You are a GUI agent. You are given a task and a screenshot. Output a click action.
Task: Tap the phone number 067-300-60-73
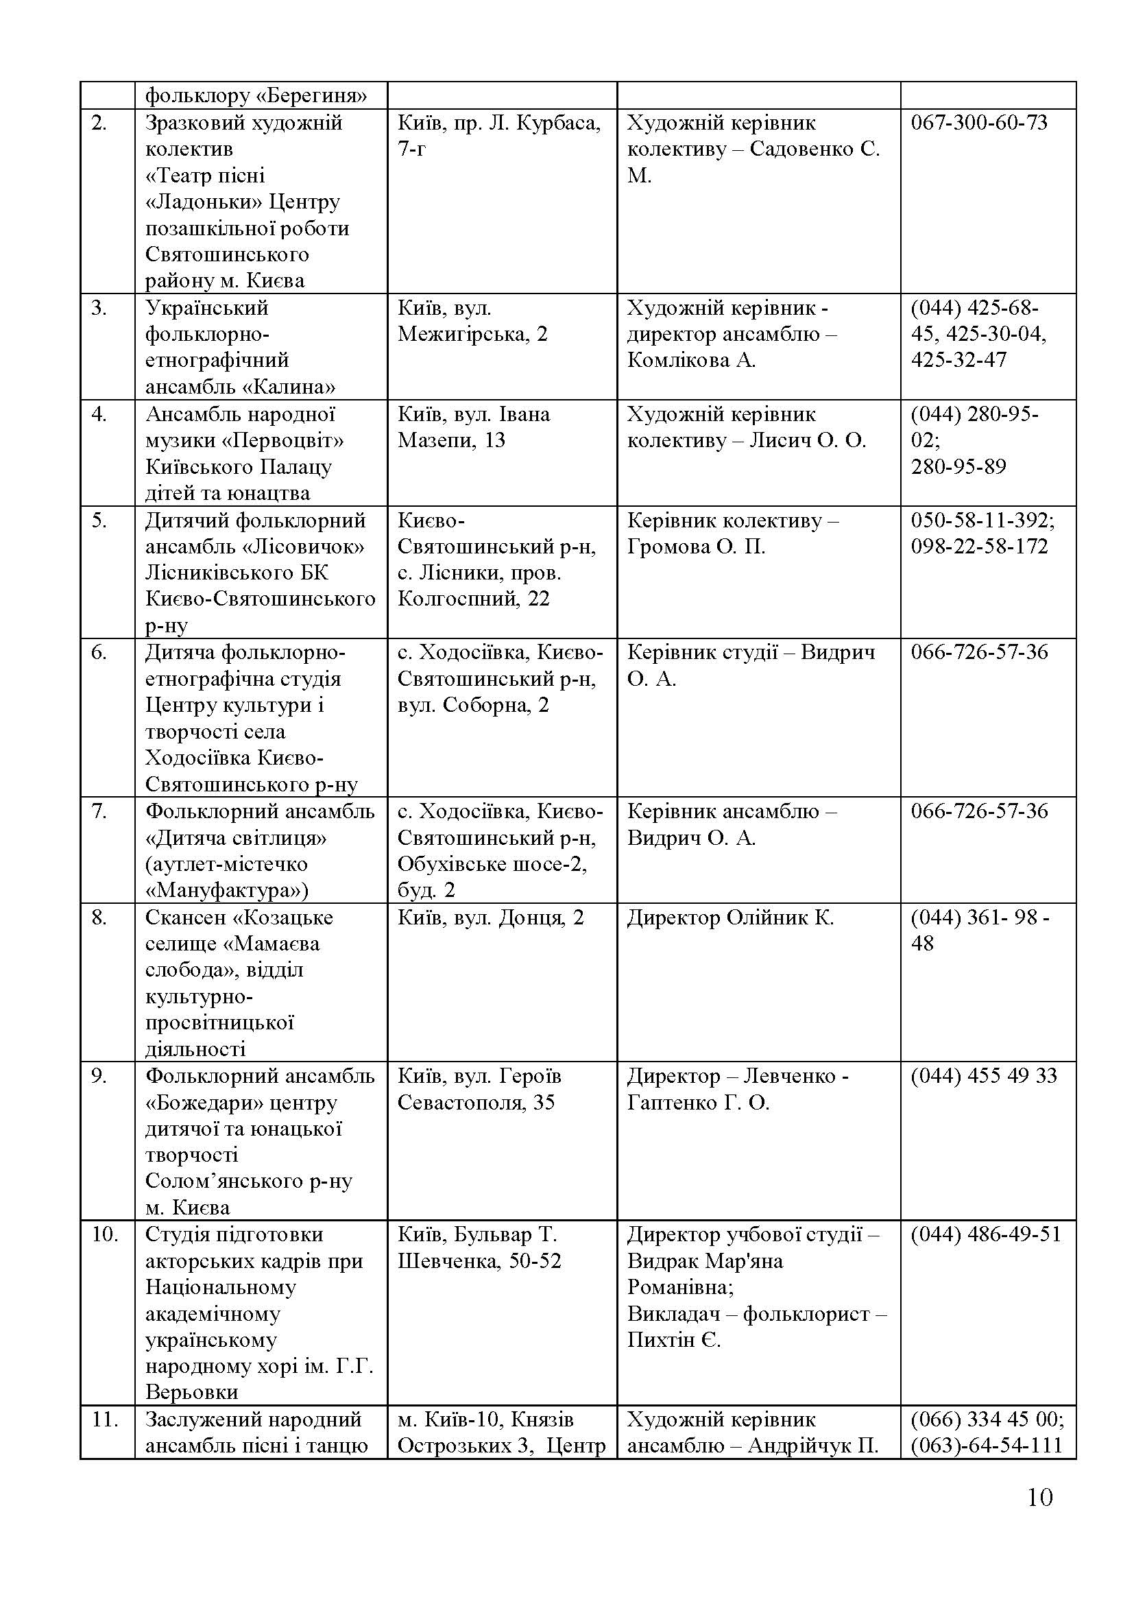979,123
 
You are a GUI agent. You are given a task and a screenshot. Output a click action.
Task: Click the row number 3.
99,308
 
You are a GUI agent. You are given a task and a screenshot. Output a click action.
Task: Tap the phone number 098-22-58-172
979,547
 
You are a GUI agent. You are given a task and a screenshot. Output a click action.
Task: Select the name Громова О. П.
696,547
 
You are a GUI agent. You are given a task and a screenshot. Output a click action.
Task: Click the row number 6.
99,652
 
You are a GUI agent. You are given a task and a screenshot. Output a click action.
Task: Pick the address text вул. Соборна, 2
473,706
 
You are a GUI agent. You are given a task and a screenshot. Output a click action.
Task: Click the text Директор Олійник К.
730,918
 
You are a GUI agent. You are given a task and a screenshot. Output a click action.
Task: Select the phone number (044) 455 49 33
983,1077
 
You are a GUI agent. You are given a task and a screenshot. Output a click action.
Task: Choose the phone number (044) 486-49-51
985,1235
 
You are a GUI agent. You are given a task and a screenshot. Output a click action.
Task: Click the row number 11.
104,1420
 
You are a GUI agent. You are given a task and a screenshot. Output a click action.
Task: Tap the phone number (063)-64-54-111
986,1446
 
